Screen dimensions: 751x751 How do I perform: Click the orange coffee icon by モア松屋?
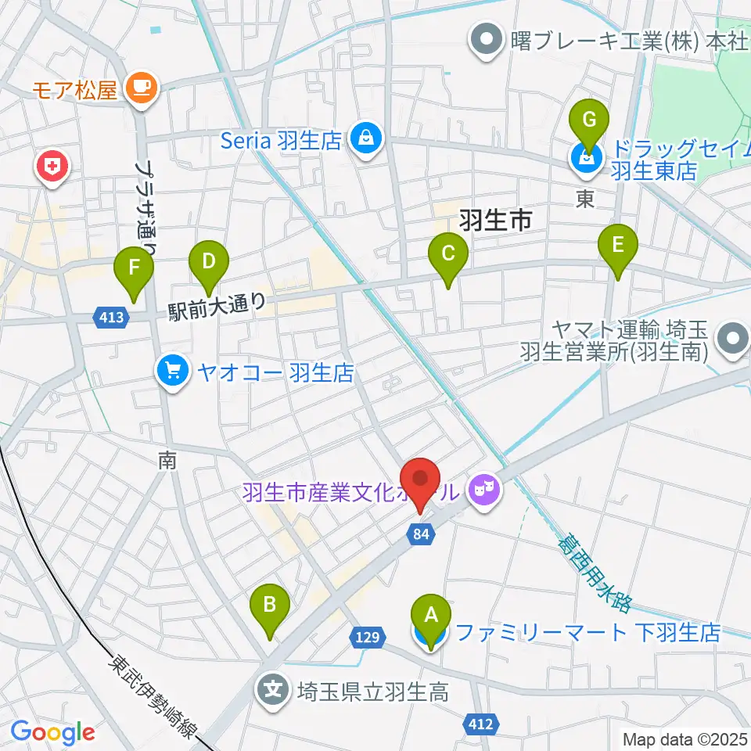pos(142,86)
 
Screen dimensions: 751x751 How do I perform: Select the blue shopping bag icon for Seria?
pos(365,140)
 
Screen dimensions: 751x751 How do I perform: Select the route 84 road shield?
pos(422,534)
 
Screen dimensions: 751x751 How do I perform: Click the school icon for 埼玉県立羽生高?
pos(275,690)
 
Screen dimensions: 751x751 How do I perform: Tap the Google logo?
pos(53,733)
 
